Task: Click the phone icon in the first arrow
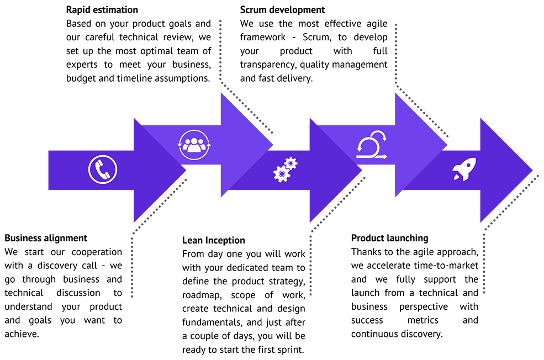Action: click(x=103, y=170)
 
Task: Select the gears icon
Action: click(x=285, y=170)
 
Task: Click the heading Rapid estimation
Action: click(x=102, y=10)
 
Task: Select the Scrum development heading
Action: click(x=282, y=10)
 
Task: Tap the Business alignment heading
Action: click(x=46, y=238)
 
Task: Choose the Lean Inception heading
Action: click(x=214, y=240)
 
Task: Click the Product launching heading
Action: click(x=389, y=238)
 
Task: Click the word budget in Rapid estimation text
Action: click(x=80, y=78)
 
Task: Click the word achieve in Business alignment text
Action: click(x=22, y=333)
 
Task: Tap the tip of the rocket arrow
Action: click(x=532, y=170)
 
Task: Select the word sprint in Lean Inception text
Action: click(x=291, y=350)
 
